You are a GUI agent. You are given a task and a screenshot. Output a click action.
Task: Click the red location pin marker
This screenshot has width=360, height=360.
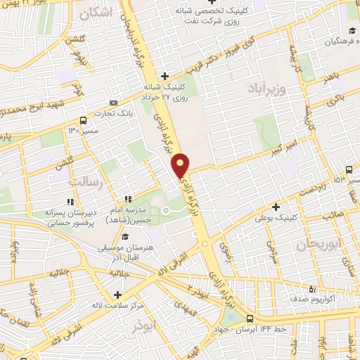pyautogui.click(x=181, y=165)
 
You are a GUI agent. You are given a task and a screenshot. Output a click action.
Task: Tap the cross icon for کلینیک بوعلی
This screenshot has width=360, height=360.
pyautogui.click(x=276, y=207)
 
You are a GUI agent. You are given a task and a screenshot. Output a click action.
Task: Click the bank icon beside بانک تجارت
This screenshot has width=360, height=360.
pyautogui.click(x=115, y=95)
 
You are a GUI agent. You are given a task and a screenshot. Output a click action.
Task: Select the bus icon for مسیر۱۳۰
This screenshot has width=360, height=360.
pyautogui.click(x=84, y=120)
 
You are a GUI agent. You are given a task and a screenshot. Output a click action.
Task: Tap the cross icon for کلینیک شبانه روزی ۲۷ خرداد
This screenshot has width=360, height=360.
pyautogui.click(x=164, y=76)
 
